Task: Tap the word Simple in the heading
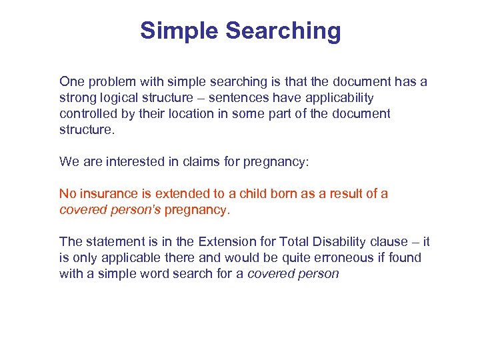click(179, 31)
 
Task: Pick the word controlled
click(89, 113)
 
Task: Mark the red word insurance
click(103, 194)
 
